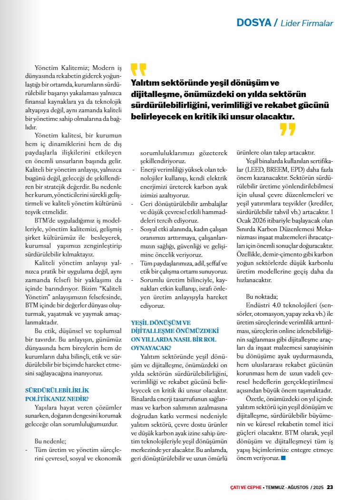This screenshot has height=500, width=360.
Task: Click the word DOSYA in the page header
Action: tap(253, 23)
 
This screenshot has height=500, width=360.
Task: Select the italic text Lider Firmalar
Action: tap(307, 23)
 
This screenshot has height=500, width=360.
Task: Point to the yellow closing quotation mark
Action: tap(288, 129)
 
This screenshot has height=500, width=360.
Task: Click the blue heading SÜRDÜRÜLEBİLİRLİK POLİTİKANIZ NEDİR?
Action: tap(57, 394)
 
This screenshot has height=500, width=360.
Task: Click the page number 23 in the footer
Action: tap(330, 487)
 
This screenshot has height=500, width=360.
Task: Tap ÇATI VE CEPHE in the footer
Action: tap(243, 487)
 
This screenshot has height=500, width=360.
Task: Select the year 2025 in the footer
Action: tap(318, 487)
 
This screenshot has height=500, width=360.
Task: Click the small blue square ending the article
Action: tap(283, 458)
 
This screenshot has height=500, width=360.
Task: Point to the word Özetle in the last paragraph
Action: tap(257, 399)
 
